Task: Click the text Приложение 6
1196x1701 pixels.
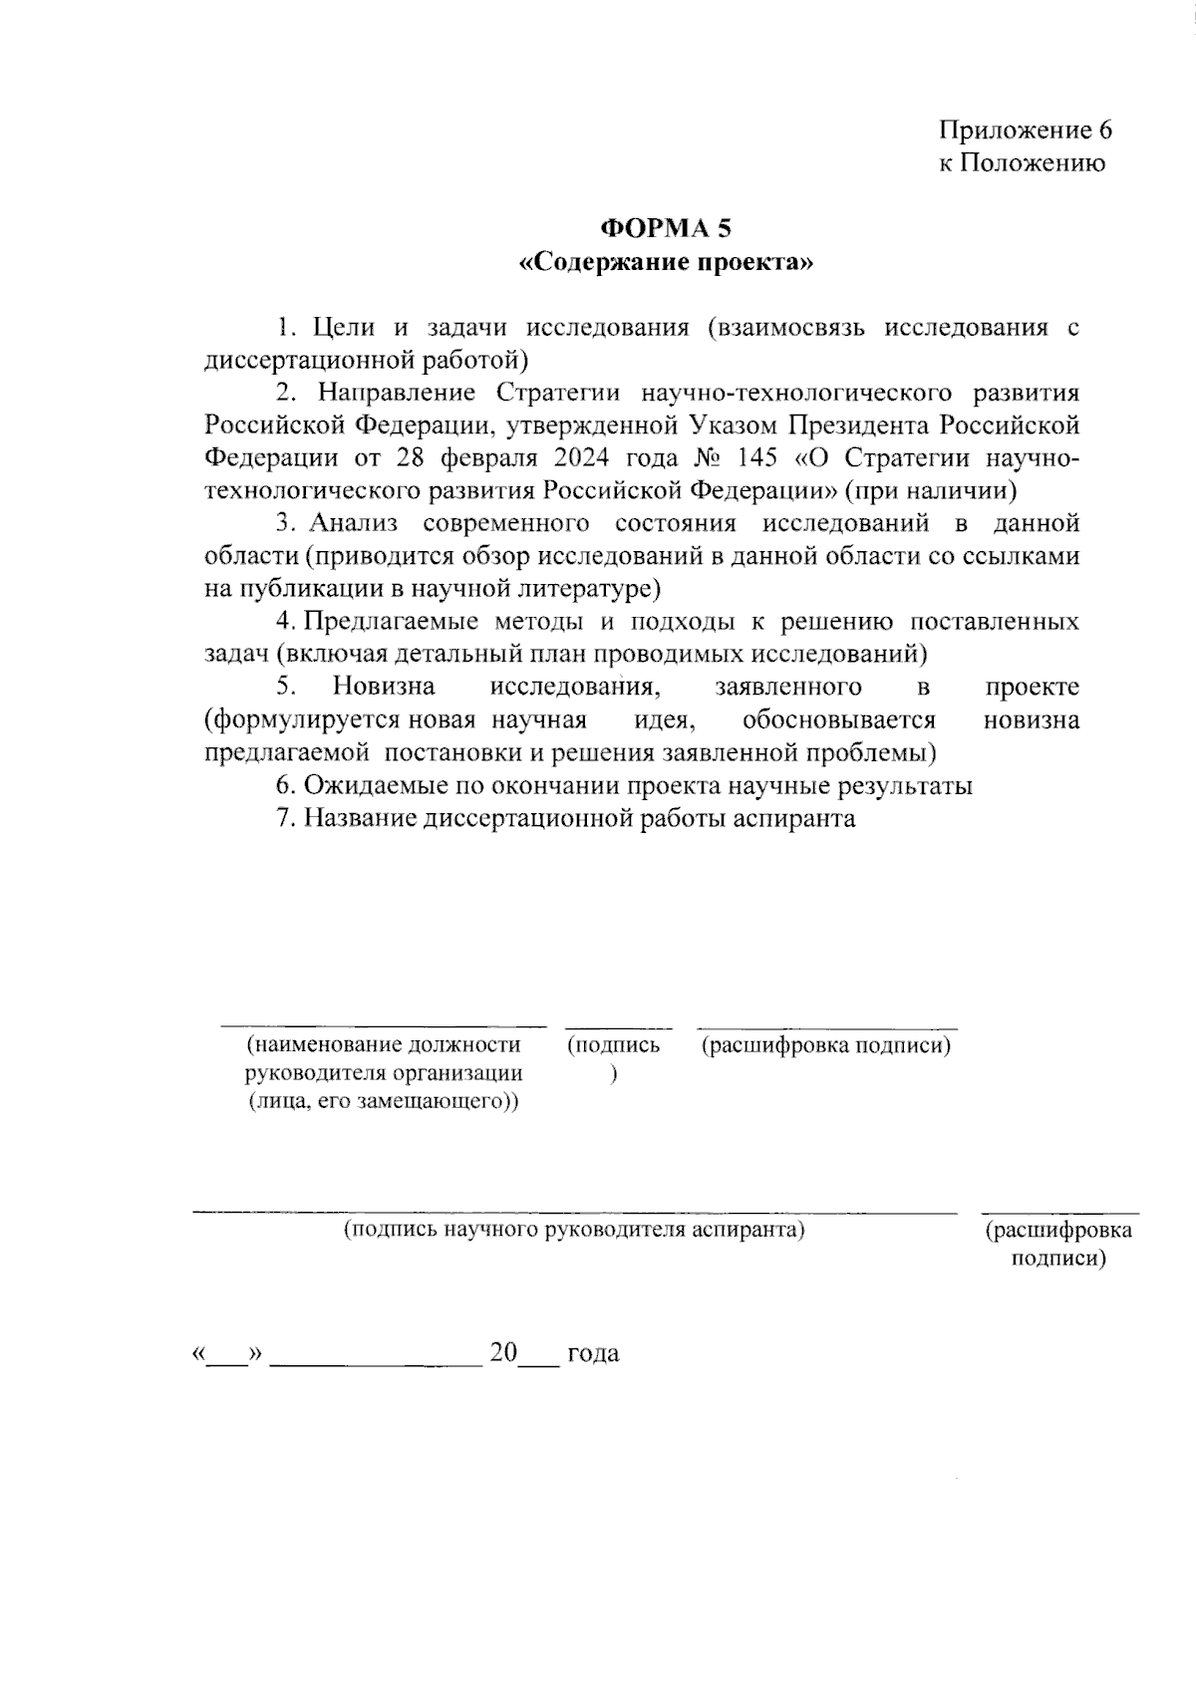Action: tap(1025, 131)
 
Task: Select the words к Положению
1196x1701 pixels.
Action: tap(1023, 163)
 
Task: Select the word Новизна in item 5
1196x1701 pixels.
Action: tap(384, 687)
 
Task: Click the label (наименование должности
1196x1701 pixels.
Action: tap(384, 1045)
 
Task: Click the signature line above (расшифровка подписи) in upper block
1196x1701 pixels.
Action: tap(826, 1027)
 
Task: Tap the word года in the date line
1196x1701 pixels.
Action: tap(593, 1353)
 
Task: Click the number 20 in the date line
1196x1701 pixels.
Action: tap(503, 1353)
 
